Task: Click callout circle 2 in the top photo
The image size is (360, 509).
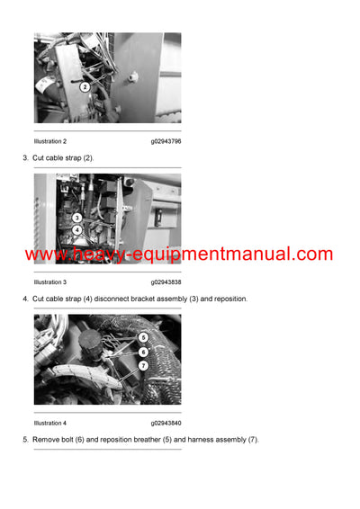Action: (85, 87)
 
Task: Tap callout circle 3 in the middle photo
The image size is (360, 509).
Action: (77, 218)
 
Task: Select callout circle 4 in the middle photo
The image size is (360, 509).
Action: (77, 229)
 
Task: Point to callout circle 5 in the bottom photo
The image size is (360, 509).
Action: (143, 338)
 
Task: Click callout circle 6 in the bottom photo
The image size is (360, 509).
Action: (143, 353)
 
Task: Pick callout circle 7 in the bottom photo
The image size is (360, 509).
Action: (143, 366)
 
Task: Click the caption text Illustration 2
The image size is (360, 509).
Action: (50, 141)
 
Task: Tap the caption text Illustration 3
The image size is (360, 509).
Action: (50, 281)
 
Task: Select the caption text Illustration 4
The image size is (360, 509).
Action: (50, 423)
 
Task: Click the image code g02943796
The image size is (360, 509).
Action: (166, 141)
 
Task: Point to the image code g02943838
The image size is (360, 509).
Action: (166, 281)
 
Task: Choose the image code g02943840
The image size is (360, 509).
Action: (166, 423)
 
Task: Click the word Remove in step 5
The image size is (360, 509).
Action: (46, 439)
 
